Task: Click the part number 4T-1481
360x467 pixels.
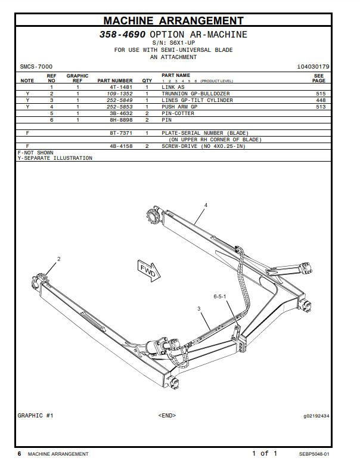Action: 120,87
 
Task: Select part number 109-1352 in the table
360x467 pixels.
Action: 120,94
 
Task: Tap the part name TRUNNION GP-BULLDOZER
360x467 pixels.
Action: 195,94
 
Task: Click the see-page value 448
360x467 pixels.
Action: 321,100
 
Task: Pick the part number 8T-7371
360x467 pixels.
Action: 120,133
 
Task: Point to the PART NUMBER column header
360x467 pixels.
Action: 115,81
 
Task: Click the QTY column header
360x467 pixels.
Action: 147,81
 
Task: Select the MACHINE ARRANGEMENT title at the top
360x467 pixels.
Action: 173,21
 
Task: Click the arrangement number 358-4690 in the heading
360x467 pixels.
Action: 122,35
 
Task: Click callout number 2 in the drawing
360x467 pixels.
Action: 59,259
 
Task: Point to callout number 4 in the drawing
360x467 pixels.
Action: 206,205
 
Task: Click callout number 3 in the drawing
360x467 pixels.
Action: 199,308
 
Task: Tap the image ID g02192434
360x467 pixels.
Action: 316,416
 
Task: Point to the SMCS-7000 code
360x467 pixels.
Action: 36,67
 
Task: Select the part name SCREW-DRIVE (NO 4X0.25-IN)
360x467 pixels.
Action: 203,146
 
